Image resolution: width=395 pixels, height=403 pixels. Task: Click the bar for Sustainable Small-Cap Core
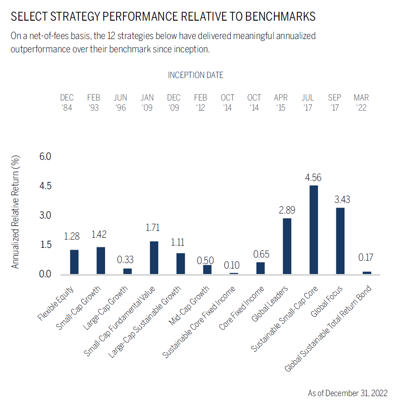314,229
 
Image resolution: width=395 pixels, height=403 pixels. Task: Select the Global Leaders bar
287,246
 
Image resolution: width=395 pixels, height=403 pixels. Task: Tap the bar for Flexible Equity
74,262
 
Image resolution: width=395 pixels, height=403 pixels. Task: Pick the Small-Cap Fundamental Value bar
154,257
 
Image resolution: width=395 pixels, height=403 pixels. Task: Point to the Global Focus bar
340,241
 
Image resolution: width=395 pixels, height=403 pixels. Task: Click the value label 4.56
314,177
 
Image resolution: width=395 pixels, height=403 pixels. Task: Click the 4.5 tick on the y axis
46,186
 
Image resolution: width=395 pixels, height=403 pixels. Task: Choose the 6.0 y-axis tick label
46,157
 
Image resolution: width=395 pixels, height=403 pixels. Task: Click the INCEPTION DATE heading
196,75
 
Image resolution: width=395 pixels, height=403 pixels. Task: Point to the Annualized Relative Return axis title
16,212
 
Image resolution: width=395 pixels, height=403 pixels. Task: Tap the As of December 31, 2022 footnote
347,393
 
